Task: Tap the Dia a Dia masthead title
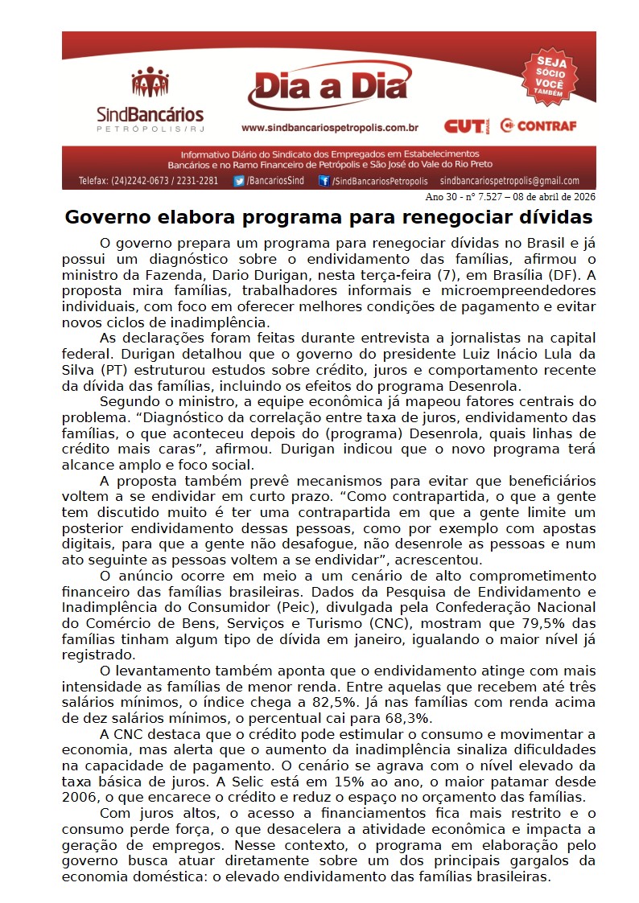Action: pyautogui.click(x=328, y=88)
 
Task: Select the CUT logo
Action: pyautogui.click(x=464, y=126)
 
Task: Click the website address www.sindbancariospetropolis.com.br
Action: pyautogui.click(x=330, y=127)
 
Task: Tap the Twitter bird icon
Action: pyautogui.click(x=239, y=181)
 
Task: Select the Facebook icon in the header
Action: pyautogui.click(x=324, y=181)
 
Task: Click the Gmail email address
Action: pyautogui.click(x=509, y=181)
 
